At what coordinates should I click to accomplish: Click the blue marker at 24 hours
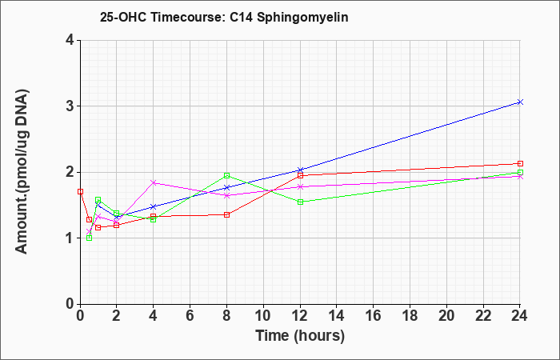(520, 102)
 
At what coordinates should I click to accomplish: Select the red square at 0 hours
(80, 191)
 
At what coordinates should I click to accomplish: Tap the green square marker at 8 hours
(226, 175)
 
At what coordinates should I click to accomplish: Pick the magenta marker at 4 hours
(154, 182)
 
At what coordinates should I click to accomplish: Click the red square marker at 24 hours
(520, 163)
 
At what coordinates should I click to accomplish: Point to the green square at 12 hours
(300, 202)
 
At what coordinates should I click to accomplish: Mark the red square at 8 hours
(226, 214)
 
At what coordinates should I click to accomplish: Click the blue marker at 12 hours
(300, 170)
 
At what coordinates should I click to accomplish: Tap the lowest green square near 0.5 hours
(90, 238)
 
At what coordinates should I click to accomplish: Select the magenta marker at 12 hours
(300, 186)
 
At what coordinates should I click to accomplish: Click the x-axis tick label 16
(374, 316)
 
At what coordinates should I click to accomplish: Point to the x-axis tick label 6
(190, 316)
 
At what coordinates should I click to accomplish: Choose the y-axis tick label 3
(70, 106)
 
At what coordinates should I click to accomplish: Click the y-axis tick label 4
(70, 40)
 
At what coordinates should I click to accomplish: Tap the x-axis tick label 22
(483, 316)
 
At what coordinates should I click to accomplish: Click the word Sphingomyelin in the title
(302, 17)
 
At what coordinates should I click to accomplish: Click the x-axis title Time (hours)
(300, 336)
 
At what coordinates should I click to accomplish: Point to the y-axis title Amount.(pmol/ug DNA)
(22, 171)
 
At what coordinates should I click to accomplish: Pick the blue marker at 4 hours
(154, 206)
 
